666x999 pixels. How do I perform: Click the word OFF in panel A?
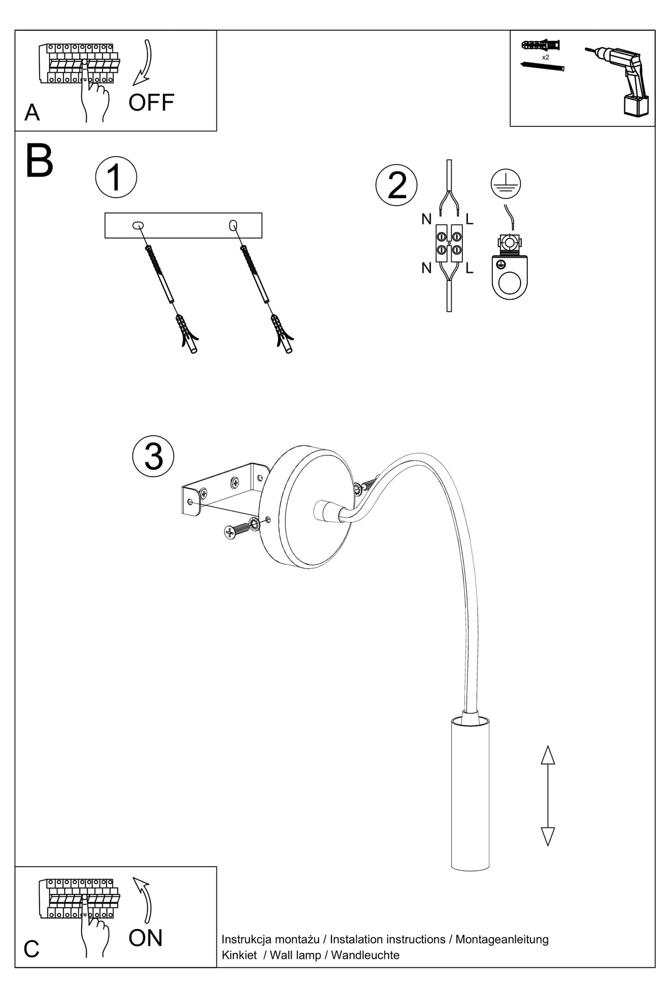pyautogui.click(x=151, y=102)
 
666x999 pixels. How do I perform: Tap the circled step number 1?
pyautogui.click(x=116, y=177)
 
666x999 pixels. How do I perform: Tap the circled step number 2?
pyautogui.click(x=396, y=185)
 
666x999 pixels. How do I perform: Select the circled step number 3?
pyautogui.click(x=153, y=456)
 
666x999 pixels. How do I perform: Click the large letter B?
pyautogui.click(x=39, y=161)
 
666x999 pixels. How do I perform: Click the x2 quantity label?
pyautogui.click(x=545, y=58)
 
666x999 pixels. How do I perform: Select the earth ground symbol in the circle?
pyautogui.click(x=506, y=183)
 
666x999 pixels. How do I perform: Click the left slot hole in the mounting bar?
pyautogui.click(x=138, y=225)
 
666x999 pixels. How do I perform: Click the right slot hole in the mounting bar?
pyautogui.click(x=233, y=225)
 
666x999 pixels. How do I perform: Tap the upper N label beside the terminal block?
pyautogui.click(x=426, y=219)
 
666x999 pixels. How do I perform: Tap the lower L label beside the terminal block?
pyautogui.click(x=469, y=268)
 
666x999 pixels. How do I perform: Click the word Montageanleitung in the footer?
pyautogui.click(x=502, y=939)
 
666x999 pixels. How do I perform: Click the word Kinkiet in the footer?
pyautogui.click(x=239, y=955)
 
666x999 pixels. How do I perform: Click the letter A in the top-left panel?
pyautogui.click(x=32, y=112)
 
